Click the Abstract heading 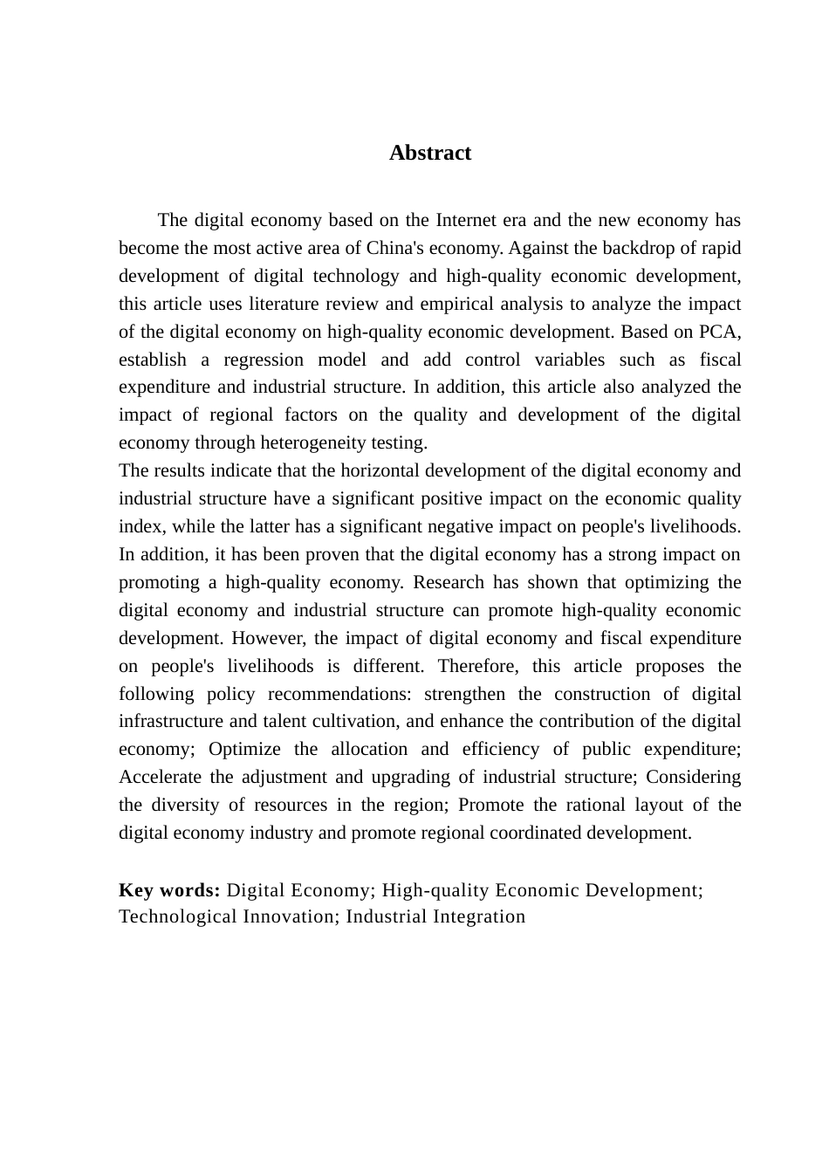[x=430, y=153]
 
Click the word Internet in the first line [x=467, y=220]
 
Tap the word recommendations [x=339, y=694]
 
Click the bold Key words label [x=169, y=890]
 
